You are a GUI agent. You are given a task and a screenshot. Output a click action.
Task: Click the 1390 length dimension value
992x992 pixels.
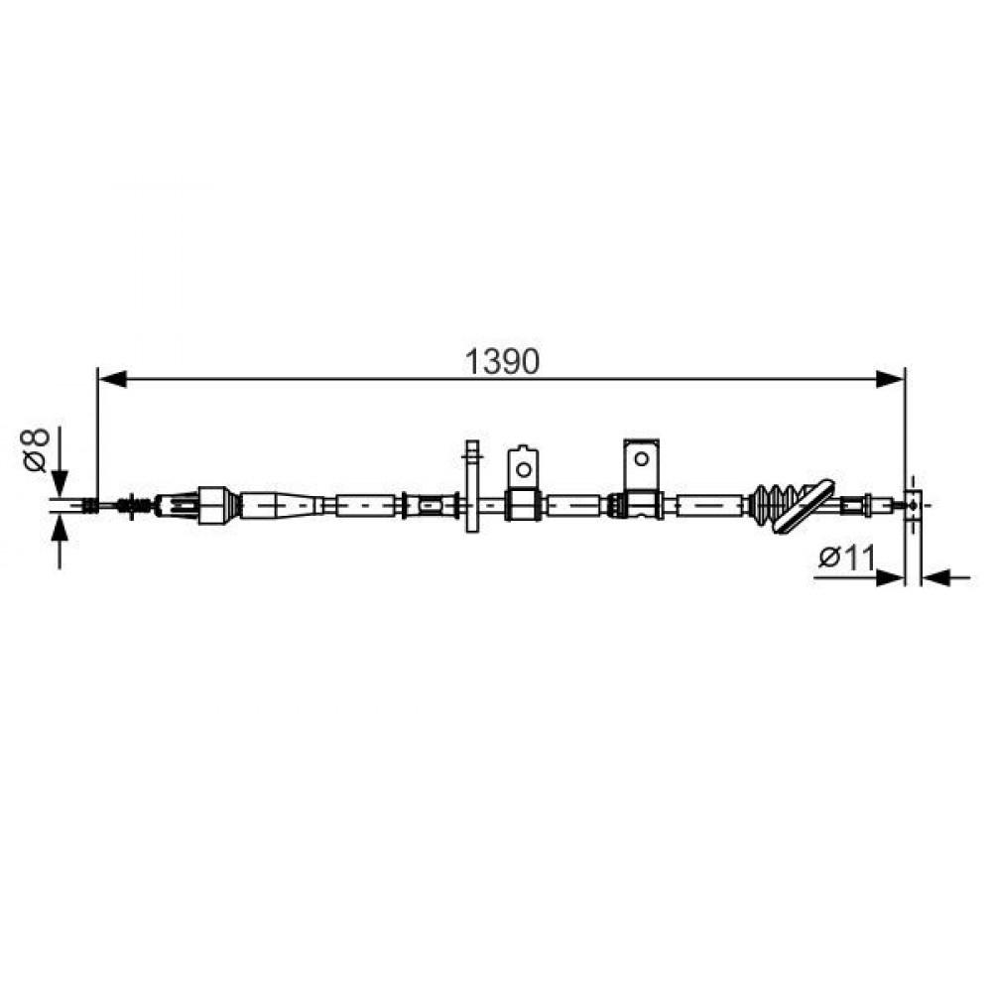click(x=502, y=362)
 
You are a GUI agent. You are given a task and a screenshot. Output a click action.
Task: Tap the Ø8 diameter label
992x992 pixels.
click(x=36, y=449)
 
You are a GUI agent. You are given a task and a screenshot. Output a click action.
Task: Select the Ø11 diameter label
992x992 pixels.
click(x=847, y=558)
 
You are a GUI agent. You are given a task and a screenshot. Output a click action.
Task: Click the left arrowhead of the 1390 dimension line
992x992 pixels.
click(x=113, y=380)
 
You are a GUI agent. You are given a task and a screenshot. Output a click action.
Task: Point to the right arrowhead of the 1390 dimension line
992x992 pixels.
click(x=890, y=380)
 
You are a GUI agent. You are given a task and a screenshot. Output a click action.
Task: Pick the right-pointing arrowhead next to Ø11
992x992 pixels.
click(x=890, y=577)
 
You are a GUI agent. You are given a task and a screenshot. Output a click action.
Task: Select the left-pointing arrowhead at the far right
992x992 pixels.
click(x=935, y=577)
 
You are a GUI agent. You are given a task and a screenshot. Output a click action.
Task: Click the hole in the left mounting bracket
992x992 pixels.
click(x=523, y=469)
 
